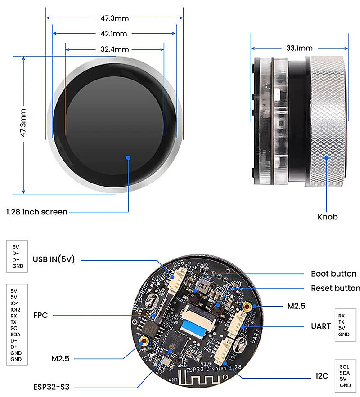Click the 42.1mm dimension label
114,33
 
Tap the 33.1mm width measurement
299,48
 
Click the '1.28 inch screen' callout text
37,211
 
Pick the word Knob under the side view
328,217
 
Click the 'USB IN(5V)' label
53,259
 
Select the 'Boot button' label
334,274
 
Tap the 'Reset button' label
335,288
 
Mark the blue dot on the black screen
128,157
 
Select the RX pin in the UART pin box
342,316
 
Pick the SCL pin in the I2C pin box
345,366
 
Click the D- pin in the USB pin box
16,253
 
